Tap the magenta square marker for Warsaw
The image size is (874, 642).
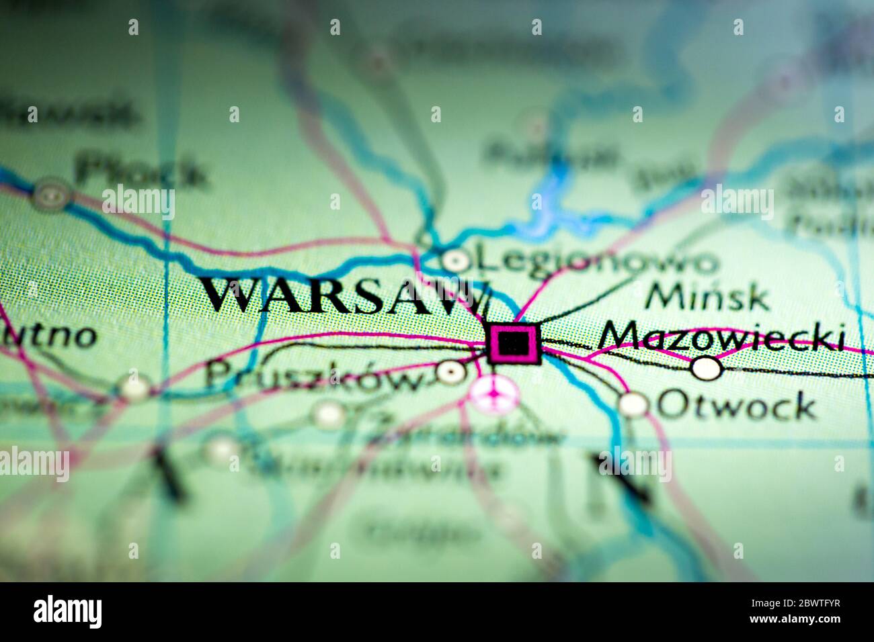[x=514, y=344]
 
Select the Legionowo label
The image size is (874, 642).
[x=594, y=260]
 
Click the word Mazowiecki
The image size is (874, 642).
[x=722, y=337]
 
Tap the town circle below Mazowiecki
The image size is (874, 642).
[x=707, y=368]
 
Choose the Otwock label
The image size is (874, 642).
[x=736, y=405]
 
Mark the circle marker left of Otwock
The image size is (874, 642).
[x=633, y=404]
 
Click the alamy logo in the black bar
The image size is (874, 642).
[x=68, y=612]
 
